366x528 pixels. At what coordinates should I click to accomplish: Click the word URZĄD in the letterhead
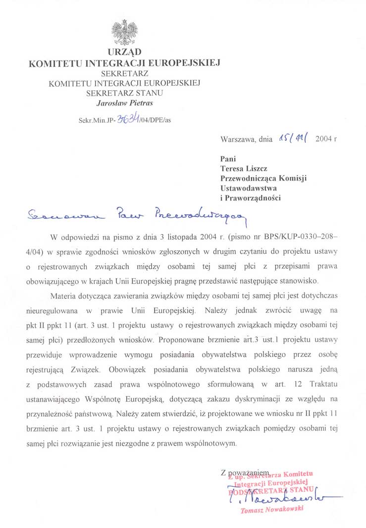pyautogui.click(x=124, y=52)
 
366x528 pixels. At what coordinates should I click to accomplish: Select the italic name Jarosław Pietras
pyautogui.click(x=124, y=103)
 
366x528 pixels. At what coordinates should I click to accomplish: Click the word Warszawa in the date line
pyautogui.click(x=238, y=139)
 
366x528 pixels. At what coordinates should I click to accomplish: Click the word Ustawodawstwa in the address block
pyautogui.click(x=249, y=188)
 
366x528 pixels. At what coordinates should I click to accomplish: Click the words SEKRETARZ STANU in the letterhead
pyautogui.click(x=124, y=92)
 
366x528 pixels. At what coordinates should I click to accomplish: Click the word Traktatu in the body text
pyautogui.click(x=323, y=384)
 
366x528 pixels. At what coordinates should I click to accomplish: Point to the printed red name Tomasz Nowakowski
pyautogui.click(x=271, y=509)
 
